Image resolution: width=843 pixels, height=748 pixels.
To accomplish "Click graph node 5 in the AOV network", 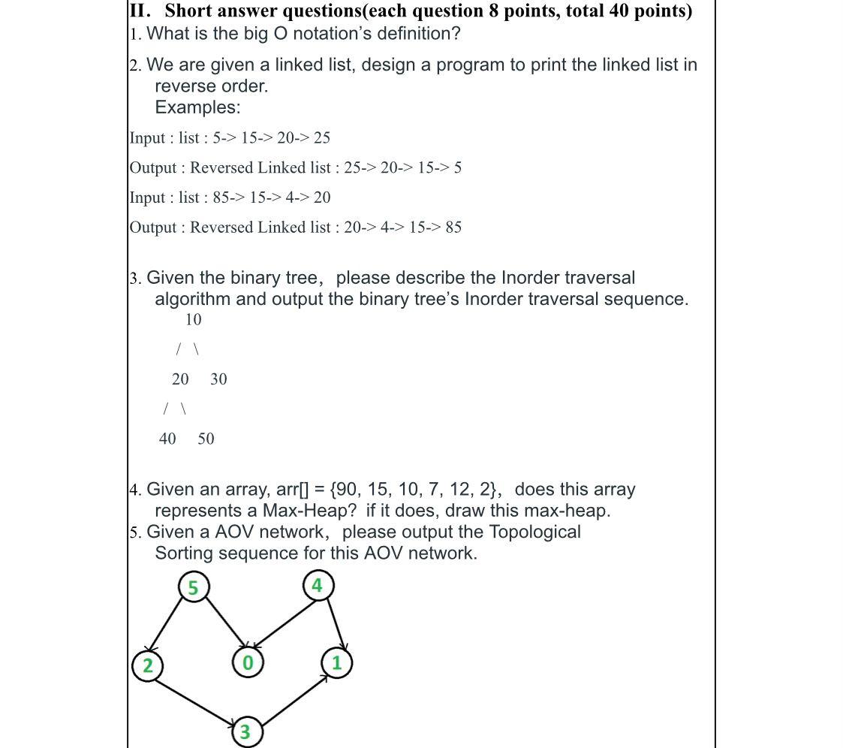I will pos(193,587).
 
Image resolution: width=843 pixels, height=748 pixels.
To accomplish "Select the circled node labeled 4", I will pos(317,585).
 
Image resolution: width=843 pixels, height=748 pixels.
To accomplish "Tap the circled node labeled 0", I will pos(247,663).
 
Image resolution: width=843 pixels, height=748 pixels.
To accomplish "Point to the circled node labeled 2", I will pos(147,665).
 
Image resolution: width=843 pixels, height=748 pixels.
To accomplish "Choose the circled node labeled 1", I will pos(336,663).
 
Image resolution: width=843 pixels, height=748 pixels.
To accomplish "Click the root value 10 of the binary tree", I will pos(193,320).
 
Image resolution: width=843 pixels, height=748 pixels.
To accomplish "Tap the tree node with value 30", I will pos(218,379).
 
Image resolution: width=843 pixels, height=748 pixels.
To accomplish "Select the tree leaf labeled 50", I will pos(206,439).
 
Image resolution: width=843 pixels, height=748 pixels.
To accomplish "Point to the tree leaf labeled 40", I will pos(167,439).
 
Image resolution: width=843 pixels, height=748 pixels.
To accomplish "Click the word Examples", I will pos(197,107).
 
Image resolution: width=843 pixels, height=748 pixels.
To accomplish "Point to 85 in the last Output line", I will pos(453,228).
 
